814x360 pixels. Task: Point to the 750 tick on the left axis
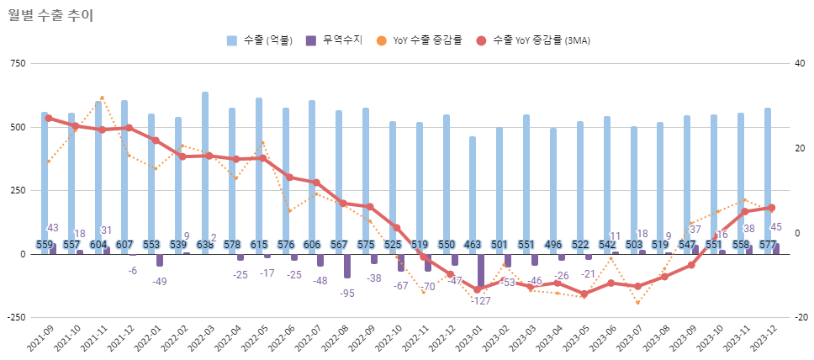[18, 64]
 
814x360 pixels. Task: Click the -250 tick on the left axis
[16, 317]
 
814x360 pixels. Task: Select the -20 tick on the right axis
[800, 317]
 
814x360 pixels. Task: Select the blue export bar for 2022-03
[205, 168]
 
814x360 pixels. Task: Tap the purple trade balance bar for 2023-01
[481, 270]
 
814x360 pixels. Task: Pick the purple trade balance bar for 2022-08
[347, 266]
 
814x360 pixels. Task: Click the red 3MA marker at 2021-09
[49, 119]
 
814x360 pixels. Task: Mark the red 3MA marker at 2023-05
[584, 294]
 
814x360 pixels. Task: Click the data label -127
[481, 300]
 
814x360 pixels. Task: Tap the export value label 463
[473, 245]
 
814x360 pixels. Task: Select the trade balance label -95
[346, 293]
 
